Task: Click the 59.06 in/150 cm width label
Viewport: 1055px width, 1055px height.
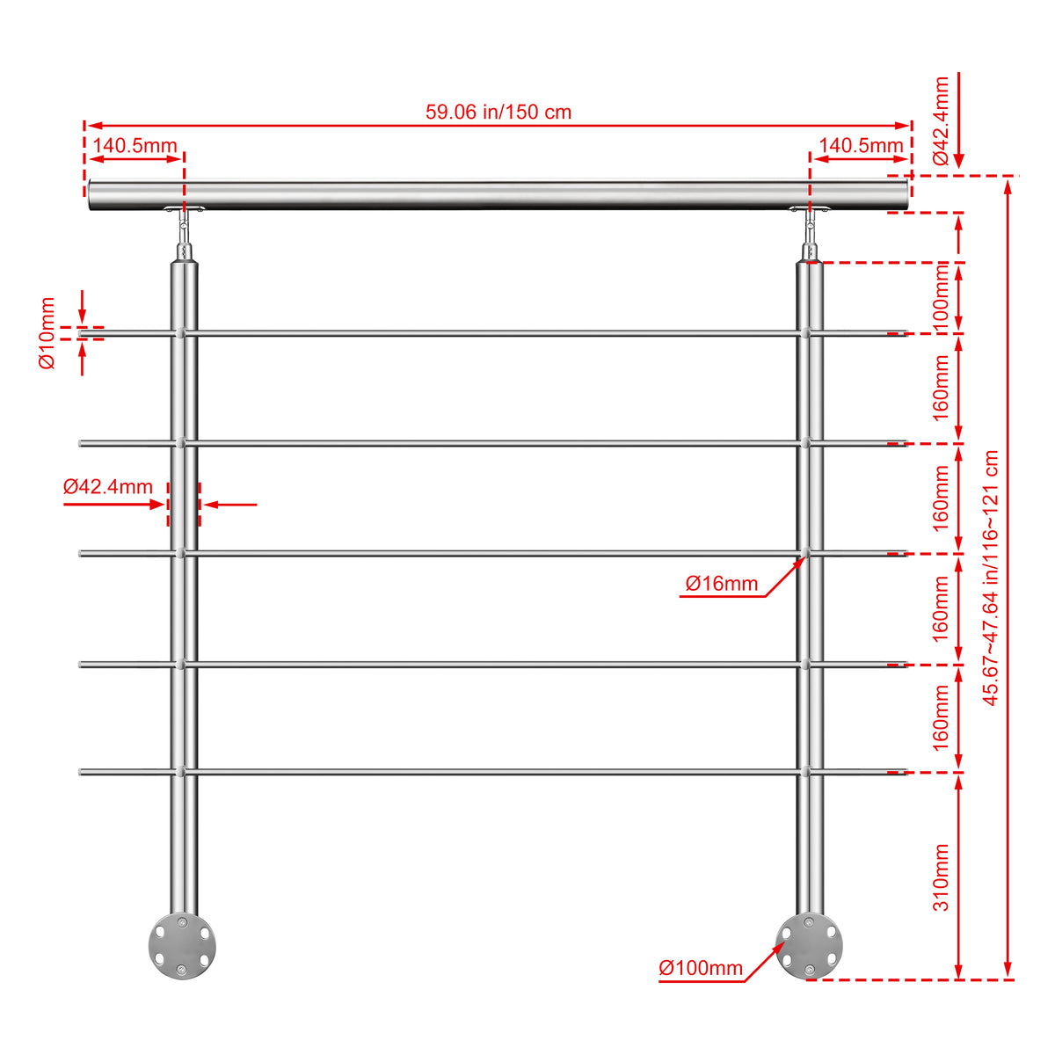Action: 498,113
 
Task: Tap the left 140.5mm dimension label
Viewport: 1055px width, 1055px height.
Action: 135,146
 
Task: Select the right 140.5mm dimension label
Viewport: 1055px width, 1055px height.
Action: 861,146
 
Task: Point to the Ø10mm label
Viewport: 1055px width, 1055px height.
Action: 47,333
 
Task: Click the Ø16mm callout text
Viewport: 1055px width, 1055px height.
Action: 722,584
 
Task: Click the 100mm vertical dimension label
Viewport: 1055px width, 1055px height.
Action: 940,297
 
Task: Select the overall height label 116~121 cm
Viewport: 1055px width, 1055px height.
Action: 991,578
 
